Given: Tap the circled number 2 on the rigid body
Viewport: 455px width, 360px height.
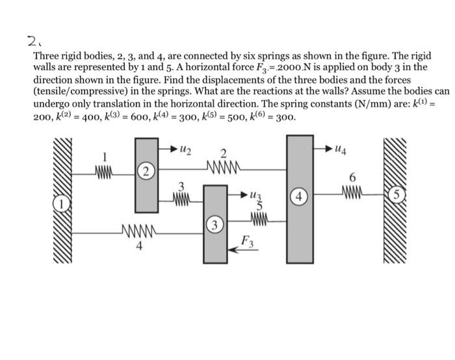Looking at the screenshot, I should coord(148,172).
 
